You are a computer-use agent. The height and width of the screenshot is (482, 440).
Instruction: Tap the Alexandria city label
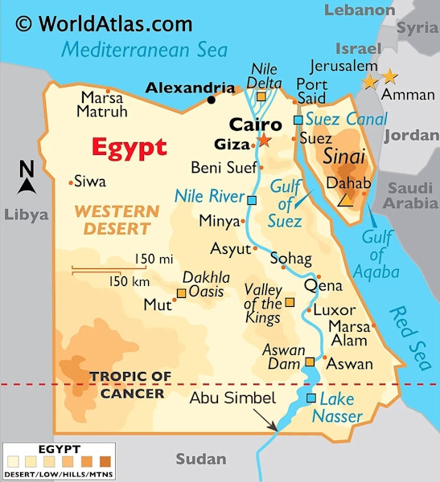point(190,87)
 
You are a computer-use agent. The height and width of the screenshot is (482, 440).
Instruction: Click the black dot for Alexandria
point(212,100)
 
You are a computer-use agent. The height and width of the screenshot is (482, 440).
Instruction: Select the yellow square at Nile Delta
point(261,97)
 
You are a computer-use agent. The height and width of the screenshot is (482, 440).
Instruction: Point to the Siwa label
point(89,182)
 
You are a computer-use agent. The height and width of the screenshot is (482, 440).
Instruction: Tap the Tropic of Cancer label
point(130,385)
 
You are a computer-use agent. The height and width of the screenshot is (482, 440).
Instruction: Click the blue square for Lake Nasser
point(311,398)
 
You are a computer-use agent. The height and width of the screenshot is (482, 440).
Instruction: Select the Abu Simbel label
point(232,398)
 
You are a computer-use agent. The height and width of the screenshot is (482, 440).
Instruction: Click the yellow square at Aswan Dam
point(310,363)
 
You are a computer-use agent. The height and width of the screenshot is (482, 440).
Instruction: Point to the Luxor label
point(334,310)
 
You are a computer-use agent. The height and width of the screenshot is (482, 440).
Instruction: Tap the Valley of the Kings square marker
point(290,303)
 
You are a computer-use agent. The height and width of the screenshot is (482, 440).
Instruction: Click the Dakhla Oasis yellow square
point(181,293)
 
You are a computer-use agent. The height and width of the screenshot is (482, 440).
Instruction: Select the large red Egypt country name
point(129,148)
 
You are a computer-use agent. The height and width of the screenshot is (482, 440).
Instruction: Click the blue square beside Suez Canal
point(298,120)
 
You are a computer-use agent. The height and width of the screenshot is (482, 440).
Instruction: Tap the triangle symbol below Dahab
point(344,198)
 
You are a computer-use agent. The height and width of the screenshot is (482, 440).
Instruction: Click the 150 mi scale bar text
point(154,259)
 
